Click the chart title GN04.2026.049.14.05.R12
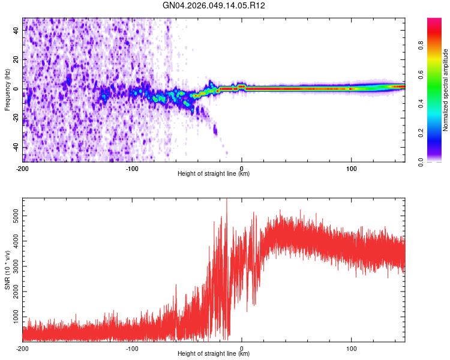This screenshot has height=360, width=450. click(214, 5)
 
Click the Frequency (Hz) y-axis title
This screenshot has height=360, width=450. click(7, 89)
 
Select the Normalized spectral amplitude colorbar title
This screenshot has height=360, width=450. click(446, 89)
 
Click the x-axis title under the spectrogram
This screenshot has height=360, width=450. click(214, 173)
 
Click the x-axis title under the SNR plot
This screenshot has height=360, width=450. click(214, 353)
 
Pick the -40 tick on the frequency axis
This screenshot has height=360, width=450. click(15, 148)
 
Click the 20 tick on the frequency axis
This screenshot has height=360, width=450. click(16, 60)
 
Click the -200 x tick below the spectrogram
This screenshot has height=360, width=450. click(23, 167)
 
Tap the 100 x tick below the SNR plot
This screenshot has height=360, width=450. click(351, 347)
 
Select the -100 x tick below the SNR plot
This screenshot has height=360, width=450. click(132, 347)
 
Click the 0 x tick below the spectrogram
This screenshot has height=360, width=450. click(242, 167)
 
